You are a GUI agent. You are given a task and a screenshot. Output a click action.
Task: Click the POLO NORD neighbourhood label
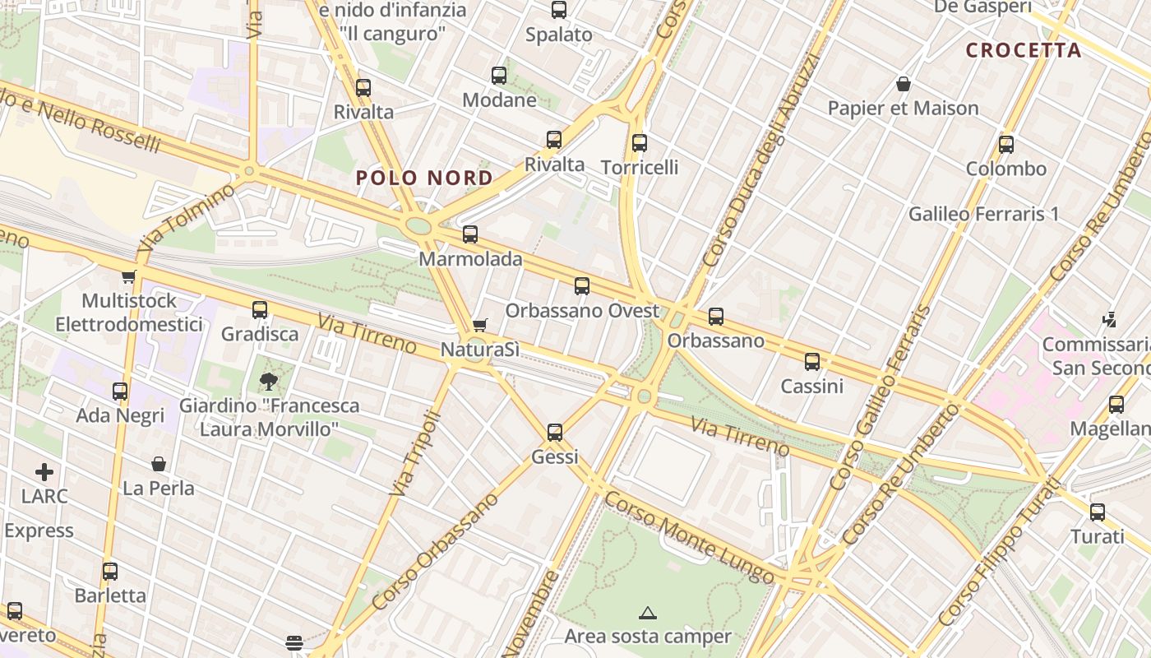[424, 178]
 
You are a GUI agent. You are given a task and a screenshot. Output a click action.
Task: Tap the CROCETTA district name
[1023, 50]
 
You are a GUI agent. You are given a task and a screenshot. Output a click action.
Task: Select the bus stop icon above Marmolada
[470, 234]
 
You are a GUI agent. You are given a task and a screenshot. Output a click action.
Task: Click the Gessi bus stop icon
[555, 432]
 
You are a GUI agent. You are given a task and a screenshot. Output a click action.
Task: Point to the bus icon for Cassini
[812, 361]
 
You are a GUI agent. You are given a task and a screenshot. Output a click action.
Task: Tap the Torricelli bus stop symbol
[640, 143]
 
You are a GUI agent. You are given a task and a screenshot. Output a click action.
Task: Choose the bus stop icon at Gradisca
[260, 310]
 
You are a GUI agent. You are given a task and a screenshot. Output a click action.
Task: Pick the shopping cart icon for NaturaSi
[480, 326]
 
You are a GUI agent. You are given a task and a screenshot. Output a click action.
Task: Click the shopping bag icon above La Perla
[159, 465]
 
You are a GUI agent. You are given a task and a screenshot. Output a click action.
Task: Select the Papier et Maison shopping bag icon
[903, 84]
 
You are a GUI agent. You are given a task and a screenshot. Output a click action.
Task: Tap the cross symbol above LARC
[44, 472]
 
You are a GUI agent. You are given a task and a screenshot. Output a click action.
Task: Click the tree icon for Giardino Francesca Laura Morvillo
[268, 381]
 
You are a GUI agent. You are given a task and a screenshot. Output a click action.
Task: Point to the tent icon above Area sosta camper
[648, 613]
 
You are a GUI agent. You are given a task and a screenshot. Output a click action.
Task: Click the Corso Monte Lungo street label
[689, 537]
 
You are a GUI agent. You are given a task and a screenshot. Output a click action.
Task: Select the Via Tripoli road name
[415, 453]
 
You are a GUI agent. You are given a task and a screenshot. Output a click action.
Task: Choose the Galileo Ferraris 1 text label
[983, 215]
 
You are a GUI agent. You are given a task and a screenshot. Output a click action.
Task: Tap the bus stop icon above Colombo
[1005, 145]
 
